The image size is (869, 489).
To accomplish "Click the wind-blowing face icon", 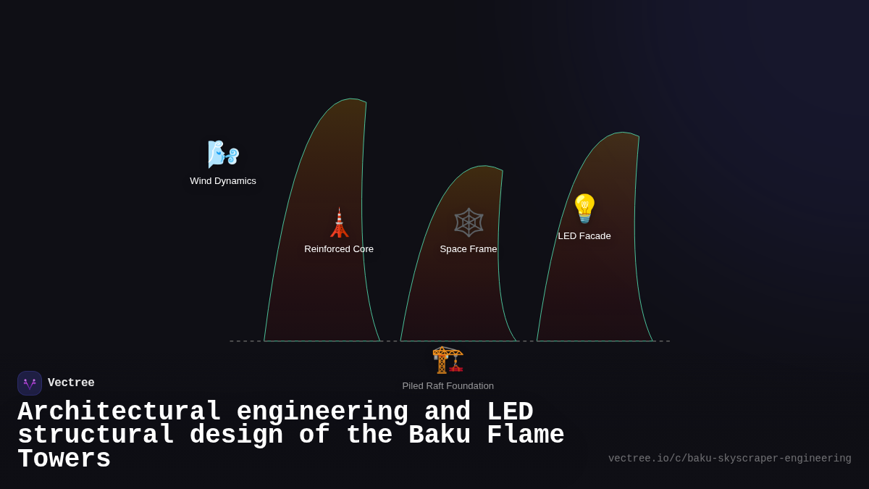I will [x=222, y=154].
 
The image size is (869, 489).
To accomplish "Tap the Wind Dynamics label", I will [x=223, y=181].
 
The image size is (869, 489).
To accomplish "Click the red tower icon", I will [x=339, y=223].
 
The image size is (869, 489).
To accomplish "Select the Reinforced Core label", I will [x=339, y=249].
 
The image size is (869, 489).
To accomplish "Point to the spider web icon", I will [x=469, y=222].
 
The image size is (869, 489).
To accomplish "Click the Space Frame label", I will [x=469, y=249].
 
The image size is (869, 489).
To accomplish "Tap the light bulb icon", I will [x=584, y=209].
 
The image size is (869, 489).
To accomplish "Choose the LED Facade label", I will [x=584, y=236].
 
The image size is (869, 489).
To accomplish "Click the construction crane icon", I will [x=448, y=359].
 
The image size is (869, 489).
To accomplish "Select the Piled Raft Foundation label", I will [x=448, y=386].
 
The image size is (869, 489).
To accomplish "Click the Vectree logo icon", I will [x=30, y=383].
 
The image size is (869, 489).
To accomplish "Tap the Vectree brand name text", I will [x=71, y=383].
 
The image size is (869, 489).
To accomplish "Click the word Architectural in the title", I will [x=119, y=411].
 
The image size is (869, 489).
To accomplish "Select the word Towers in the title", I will [x=64, y=459].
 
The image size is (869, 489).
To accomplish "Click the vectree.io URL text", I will [x=729, y=459].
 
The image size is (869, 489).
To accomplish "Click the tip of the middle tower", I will [x=501, y=170].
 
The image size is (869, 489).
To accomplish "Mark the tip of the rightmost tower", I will [x=637, y=136].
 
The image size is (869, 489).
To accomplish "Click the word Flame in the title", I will [x=525, y=435].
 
